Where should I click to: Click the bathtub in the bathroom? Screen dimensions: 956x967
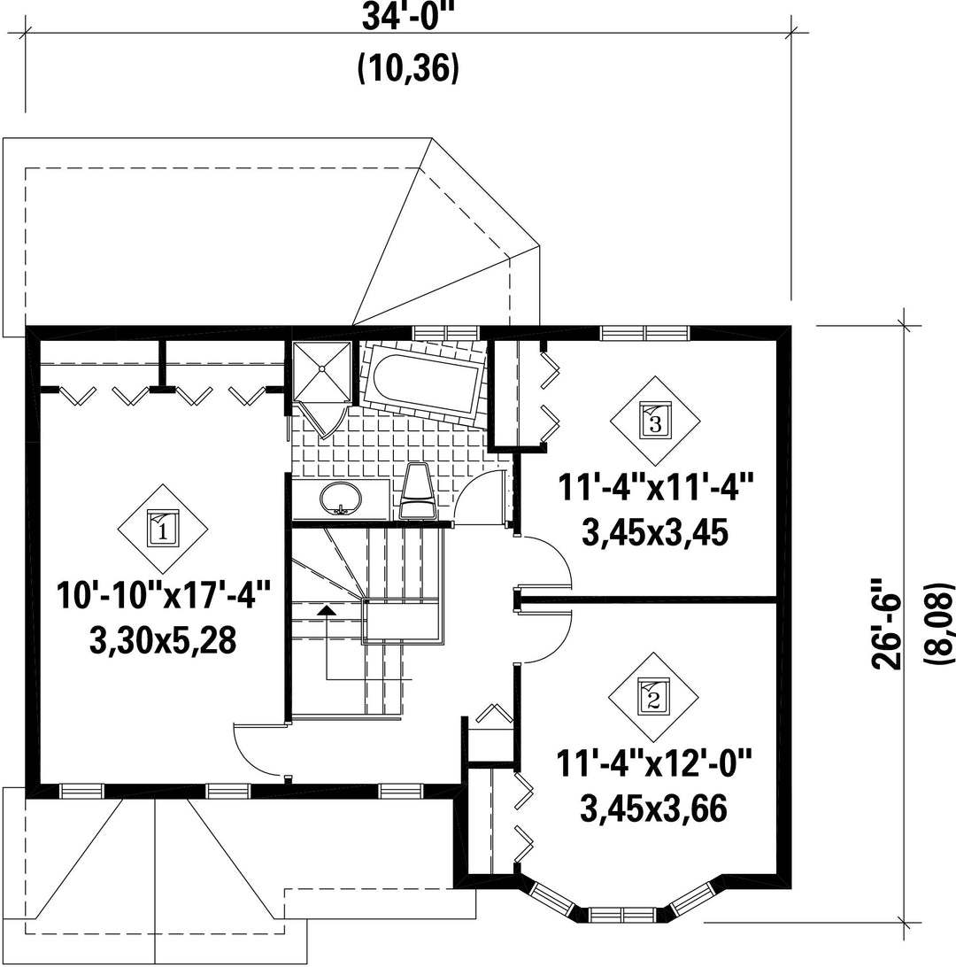422,383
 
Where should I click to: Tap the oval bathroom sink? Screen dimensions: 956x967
341,497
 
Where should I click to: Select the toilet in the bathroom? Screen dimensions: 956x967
419,491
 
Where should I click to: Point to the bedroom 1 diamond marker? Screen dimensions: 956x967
163,529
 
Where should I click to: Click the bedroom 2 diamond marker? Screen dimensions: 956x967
653,697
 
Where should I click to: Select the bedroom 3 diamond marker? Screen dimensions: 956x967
655,422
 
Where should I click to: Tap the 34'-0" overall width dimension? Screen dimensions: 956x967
407,17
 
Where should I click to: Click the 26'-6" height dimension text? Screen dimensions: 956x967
886,623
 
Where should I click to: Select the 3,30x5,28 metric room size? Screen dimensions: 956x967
163,639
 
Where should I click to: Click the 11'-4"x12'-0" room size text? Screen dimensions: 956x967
654,763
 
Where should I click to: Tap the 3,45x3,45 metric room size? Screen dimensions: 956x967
654,532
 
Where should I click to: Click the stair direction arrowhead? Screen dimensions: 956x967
327,610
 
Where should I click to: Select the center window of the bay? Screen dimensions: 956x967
622,913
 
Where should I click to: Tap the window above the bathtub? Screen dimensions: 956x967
445,333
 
